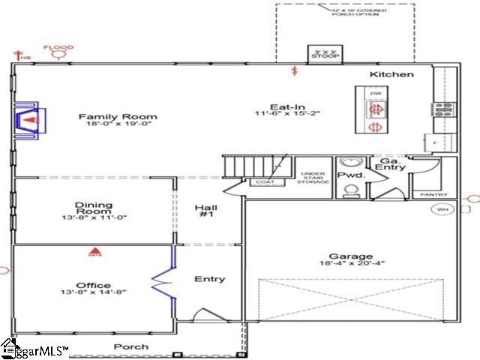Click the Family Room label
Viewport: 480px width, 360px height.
click(x=118, y=116)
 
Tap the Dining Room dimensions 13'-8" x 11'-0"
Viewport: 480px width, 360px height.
click(x=94, y=217)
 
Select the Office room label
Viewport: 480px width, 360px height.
click(x=94, y=285)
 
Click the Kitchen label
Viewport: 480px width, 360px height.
click(x=391, y=74)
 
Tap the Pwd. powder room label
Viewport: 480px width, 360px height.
click(x=350, y=175)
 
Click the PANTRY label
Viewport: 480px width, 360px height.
click(x=424, y=194)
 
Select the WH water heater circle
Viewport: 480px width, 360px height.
click(x=442, y=209)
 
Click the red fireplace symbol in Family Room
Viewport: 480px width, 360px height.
click(x=30, y=120)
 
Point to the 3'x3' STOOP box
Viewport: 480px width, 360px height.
click(x=325, y=54)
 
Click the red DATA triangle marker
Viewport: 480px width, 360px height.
click(x=94, y=252)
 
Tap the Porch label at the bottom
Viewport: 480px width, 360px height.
click(x=130, y=346)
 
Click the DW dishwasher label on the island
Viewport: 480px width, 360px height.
click(x=375, y=92)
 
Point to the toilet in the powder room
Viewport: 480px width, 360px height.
click(x=349, y=190)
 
